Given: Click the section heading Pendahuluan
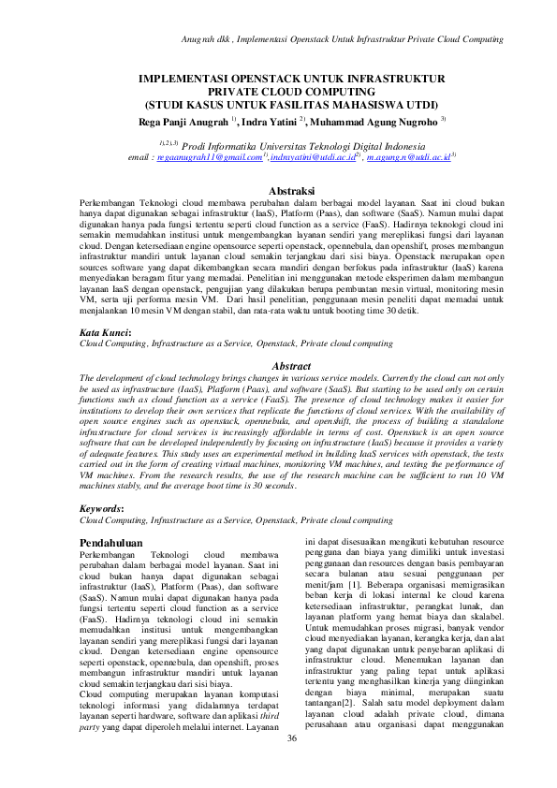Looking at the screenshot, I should pos(110,542).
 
